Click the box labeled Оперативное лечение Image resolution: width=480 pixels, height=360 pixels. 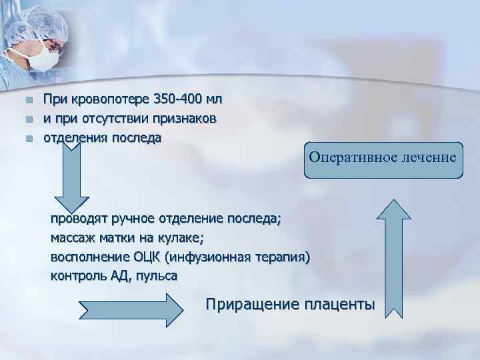click(383, 159)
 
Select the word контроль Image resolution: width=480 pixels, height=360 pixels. click(78, 275)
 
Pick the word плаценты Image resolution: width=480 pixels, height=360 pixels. click(339, 305)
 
